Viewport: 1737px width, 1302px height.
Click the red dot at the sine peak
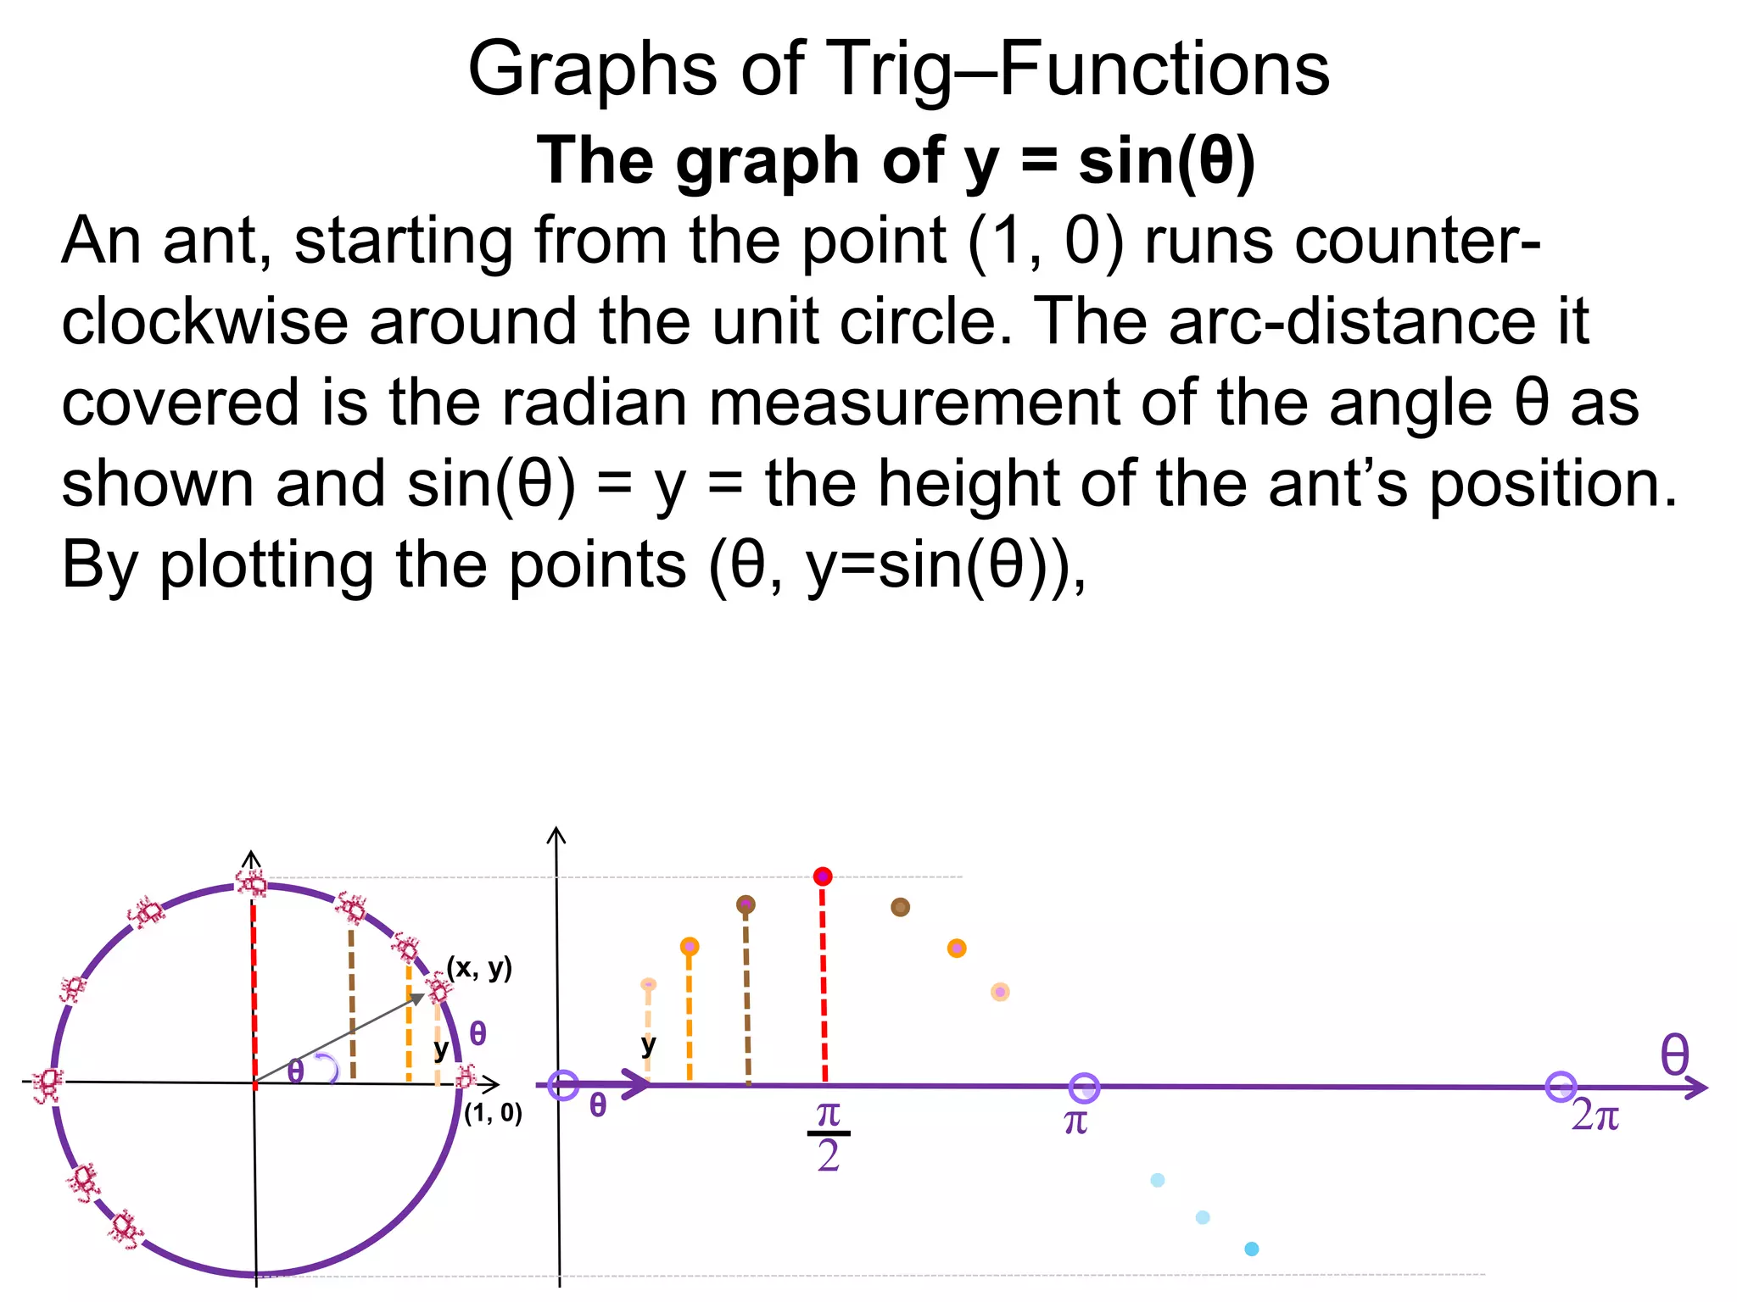click(x=822, y=876)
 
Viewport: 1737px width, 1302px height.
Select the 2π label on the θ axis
click(x=1595, y=1116)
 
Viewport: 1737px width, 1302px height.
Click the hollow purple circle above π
click(x=1084, y=1088)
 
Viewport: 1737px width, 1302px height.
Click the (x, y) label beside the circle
click(x=479, y=967)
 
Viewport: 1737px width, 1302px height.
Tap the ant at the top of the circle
click(x=251, y=883)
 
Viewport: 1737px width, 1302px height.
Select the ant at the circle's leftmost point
click(x=47, y=1084)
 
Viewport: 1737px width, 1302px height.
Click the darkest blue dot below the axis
click(x=1251, y=1249)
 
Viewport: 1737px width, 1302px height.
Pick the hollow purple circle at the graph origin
click(x=563, y=1085)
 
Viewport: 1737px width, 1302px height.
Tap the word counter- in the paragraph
click(x=1343, y=242)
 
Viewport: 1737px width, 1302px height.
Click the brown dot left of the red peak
click(x=746, y=904)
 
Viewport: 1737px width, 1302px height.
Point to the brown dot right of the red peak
click(x=900, y=907)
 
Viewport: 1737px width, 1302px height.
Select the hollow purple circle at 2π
click(x=1561, y=1087)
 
